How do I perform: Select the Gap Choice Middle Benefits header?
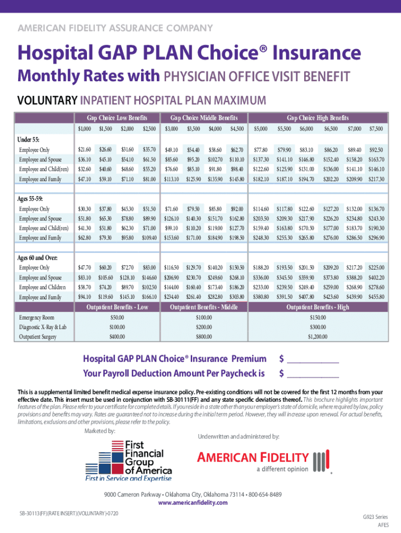click(204, 118)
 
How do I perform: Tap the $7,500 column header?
click(375, 129)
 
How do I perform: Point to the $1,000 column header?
click(84, 129)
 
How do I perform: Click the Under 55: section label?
click(29, 139)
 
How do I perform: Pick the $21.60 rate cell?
click(84, 150)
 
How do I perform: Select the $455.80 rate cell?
click(375, 297)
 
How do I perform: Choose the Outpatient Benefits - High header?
click(318, 307)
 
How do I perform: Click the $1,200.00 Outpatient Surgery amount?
click(318, 337)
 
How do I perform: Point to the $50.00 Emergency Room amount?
click(117, 317)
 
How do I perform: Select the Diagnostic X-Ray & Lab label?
click(43, 327)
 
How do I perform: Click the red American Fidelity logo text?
click(253, 458)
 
